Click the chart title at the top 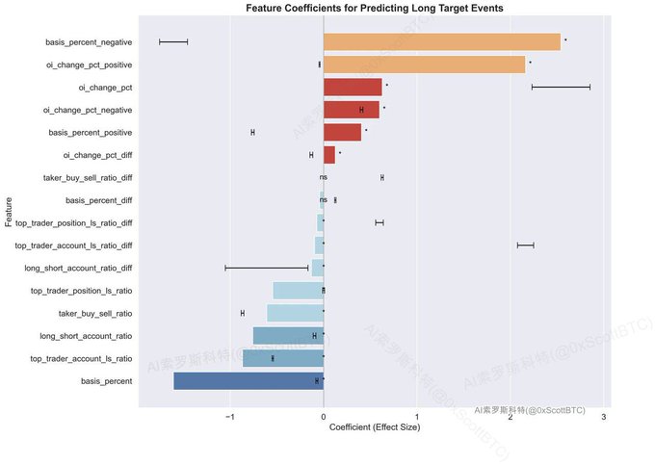(x=374, y=8)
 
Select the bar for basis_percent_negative (x=441, y=42)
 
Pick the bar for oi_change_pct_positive (x=424, y=64)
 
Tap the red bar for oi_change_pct (x=353, y=88)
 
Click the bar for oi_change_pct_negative (x=351, y=110)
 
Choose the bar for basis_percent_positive (x=342, y=132)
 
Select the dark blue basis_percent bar (x=249, y=381)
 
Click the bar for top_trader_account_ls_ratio (x=283, y=358)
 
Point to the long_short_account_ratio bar (x=288, y=336)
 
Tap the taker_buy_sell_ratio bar (x=295, y=313)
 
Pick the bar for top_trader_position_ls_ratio (x=298, y=291)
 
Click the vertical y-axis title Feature (x=9, y=212)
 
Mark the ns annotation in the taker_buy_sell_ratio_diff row (x=324, y=178)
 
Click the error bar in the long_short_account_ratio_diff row (x=267, y=268)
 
